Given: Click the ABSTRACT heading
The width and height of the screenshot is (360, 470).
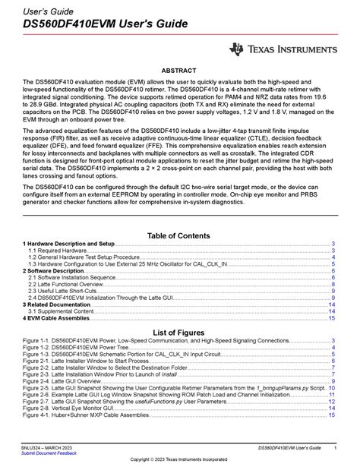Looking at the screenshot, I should click(x=180, y=70).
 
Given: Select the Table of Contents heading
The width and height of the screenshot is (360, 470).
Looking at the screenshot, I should click(x=180, y=236).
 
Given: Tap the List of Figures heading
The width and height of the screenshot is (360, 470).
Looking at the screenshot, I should click(x=180, y=333).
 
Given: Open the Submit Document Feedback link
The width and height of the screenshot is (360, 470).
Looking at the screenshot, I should click(x=49, y=453).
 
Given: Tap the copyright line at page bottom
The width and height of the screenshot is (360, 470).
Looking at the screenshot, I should click(x=180, y=460).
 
